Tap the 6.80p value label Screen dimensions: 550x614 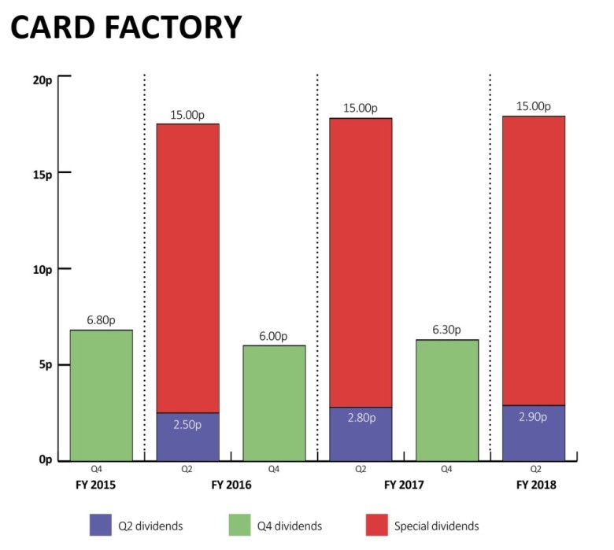(101, 321)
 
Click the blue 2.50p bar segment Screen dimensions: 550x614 (187, 437)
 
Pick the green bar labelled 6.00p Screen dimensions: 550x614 (274, 403)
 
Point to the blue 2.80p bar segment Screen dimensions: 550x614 (361, 434)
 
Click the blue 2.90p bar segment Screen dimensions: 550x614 (533, 433)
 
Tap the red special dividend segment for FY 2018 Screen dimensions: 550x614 (533, 260)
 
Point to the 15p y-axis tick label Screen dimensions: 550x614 (40, 172)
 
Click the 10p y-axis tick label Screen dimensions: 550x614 (40, 269)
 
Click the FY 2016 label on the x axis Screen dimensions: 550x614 (231, 486)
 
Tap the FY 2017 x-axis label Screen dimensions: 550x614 (404, 486)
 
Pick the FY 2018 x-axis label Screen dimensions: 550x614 (533, 486)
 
